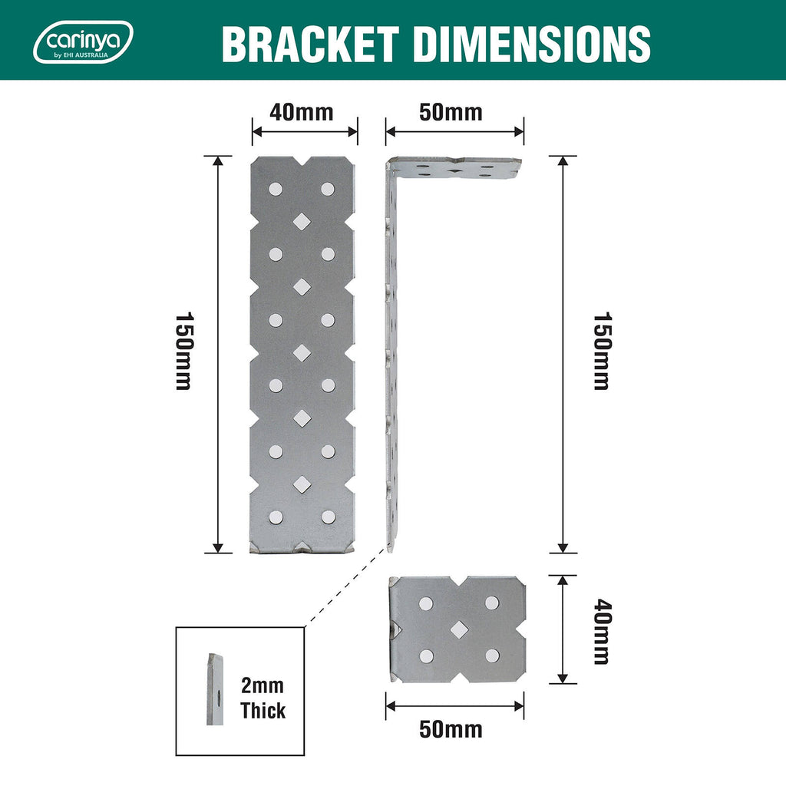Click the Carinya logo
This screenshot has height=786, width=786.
(83, 42)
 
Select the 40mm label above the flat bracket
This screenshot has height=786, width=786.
(301, 112)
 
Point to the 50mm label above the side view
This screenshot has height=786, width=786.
(451, 112)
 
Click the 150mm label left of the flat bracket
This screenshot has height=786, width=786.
(183, 351)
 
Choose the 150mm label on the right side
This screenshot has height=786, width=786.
(602, 351)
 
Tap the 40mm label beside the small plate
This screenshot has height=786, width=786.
(602, 632)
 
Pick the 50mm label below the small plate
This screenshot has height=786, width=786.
(451, 729)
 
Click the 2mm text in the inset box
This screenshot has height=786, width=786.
(263, 685)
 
